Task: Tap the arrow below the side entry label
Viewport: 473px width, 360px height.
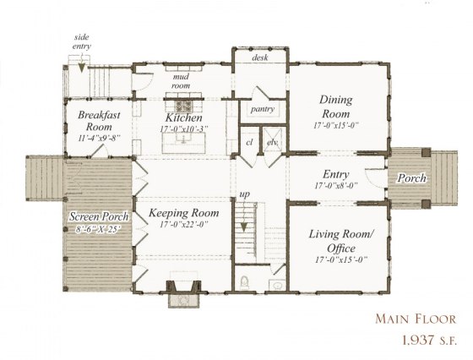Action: (81, 64)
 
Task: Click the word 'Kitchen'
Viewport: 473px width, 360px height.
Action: (183, 118)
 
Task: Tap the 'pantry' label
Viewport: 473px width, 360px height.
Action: (260, 109)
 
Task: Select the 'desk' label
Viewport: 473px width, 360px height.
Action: (260, 57)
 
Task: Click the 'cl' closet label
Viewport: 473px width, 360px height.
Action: (250, 143)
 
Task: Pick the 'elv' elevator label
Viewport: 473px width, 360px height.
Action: (272, 143)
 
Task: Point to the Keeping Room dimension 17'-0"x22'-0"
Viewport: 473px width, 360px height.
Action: (183, 226)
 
